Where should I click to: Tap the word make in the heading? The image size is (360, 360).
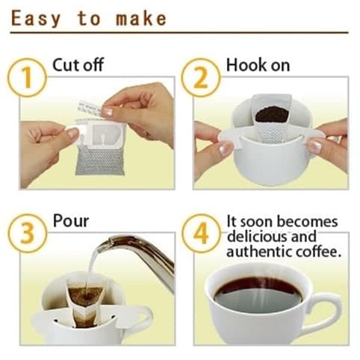tap(141, 19)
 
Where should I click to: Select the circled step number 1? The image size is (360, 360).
tap(27, 78)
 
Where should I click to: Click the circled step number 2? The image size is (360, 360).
tap(200, 78)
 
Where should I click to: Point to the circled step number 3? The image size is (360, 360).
tap(27, 234)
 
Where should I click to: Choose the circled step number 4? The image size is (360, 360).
tap(200, 234)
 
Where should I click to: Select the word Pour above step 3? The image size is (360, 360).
tap(71, 220)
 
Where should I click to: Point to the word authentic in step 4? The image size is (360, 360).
tap(259, 252)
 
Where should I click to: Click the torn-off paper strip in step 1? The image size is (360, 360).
tap(90, 108)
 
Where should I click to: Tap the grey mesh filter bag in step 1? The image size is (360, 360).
tap(100, 160)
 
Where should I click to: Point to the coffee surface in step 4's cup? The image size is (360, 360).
tap(258, 294)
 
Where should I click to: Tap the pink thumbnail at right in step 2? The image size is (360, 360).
tap(314, 146)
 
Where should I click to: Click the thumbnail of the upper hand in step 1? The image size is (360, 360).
tap(108, 112)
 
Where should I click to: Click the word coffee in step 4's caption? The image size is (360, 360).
tap(318, 252)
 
